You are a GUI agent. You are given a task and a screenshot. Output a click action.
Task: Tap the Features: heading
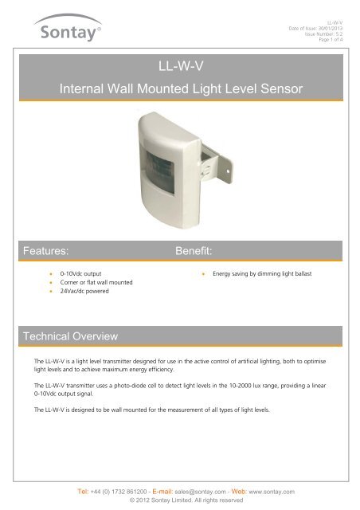pos(50,250)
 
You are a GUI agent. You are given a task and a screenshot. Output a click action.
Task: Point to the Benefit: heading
pos(199,250)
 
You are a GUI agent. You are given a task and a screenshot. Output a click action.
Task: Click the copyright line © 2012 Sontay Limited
pos(180,502)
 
